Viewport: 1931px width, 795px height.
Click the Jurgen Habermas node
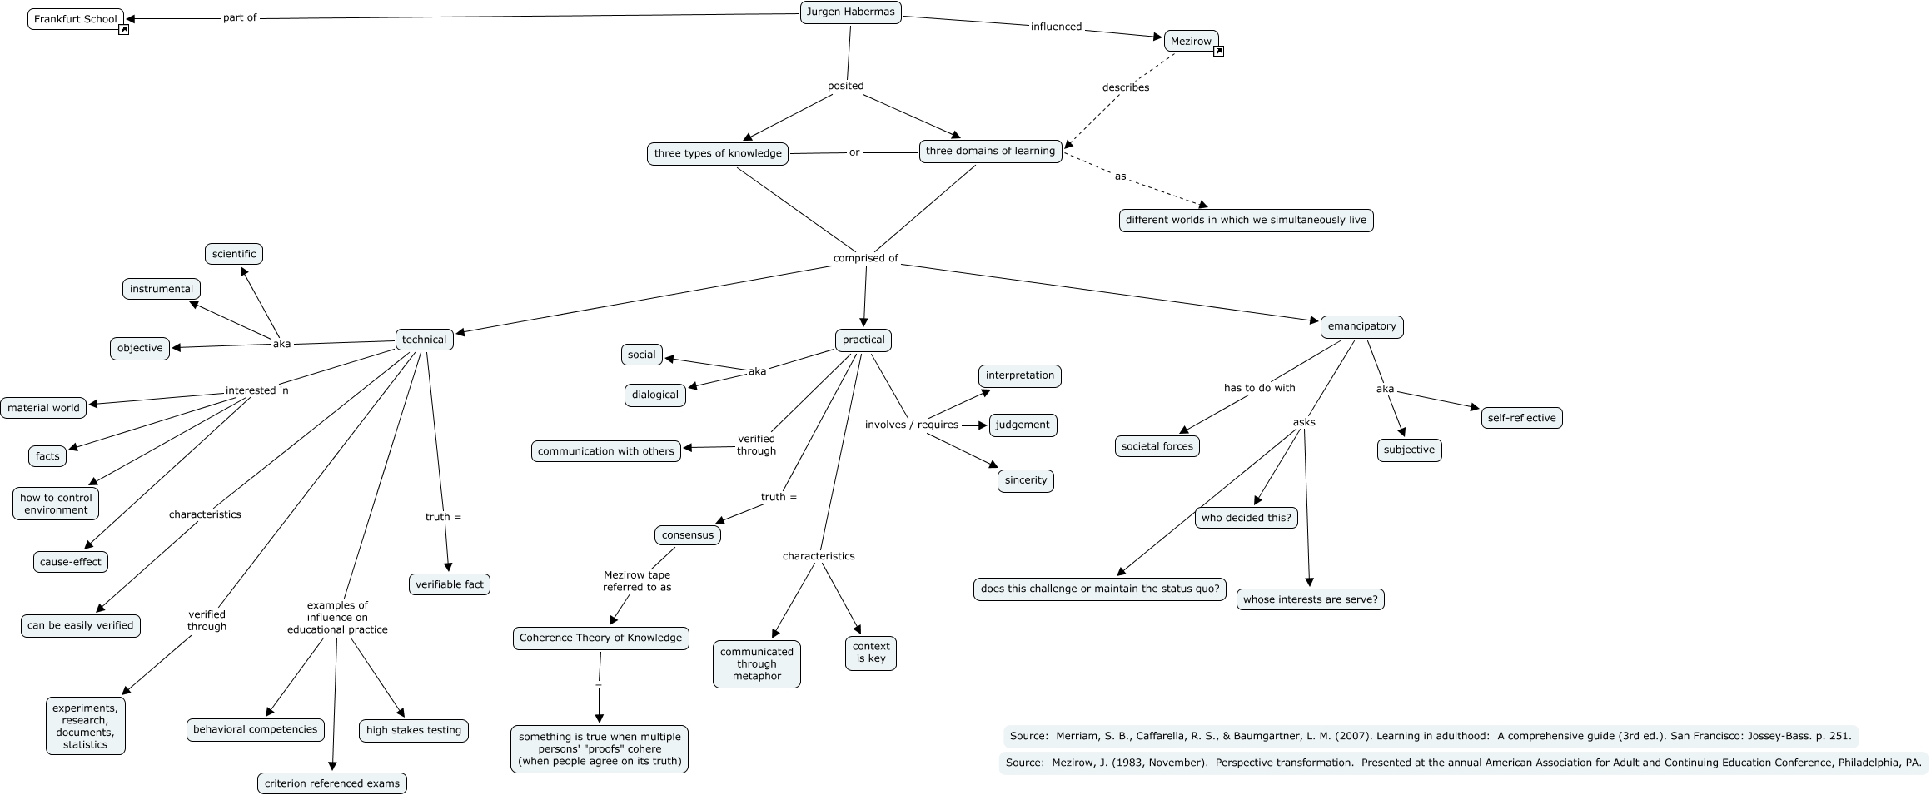(850, 12)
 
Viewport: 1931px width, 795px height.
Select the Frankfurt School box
(75, 19)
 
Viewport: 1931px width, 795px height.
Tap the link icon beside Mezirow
(1218, 52)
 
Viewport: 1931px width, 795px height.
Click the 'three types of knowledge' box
(717, 153)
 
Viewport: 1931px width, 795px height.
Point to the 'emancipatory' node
(1361, 326)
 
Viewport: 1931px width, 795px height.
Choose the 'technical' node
(424, 340)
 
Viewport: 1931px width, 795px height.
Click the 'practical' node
(863, 340)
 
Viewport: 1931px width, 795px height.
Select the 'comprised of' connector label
(865, 258)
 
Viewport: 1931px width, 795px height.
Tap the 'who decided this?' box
(1246, 518)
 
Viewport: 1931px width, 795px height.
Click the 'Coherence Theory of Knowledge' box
(600, 638)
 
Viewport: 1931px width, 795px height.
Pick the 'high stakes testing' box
(413, 730)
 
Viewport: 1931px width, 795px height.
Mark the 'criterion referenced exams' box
(331, 783)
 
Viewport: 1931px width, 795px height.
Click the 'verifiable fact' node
(449, 584)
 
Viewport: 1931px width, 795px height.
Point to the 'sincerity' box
(1025, 480)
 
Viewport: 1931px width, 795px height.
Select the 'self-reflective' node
(1521, 418)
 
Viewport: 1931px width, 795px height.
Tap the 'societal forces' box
(1157, 446)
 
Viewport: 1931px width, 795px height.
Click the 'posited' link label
(845, 86)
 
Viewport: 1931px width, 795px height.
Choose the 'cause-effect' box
(70, 562)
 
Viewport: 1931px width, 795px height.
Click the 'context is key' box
(871, 653)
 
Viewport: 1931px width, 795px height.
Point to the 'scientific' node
(233, 254)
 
